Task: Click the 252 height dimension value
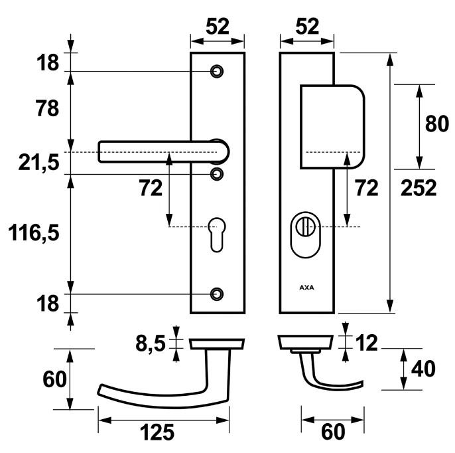tap(419, 189)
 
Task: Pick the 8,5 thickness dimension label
tap(150, 343)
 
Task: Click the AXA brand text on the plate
tap(306, 288)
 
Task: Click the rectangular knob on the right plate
tap(332, 126)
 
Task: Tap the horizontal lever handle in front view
tap(159, 151)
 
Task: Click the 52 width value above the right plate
tap(307, 27)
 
